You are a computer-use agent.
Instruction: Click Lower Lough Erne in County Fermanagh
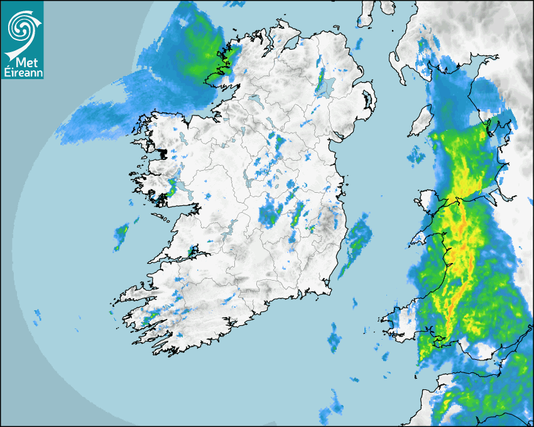(x=254, y=100)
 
